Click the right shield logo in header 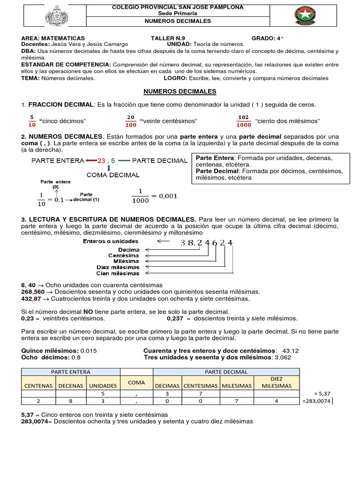coord(308,16)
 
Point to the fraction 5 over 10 coord(32,121)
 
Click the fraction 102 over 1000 coord(243,121)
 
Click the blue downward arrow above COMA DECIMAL coord(108,168)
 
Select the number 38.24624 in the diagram coord(206,242)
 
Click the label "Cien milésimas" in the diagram coord(118,273)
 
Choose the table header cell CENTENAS coord(38,385)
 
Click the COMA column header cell coord(136,382)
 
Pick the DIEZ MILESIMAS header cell coord(276,382)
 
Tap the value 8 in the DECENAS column coord(71,401)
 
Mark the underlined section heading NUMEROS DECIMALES coord(180,91)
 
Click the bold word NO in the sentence coord(88,312)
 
